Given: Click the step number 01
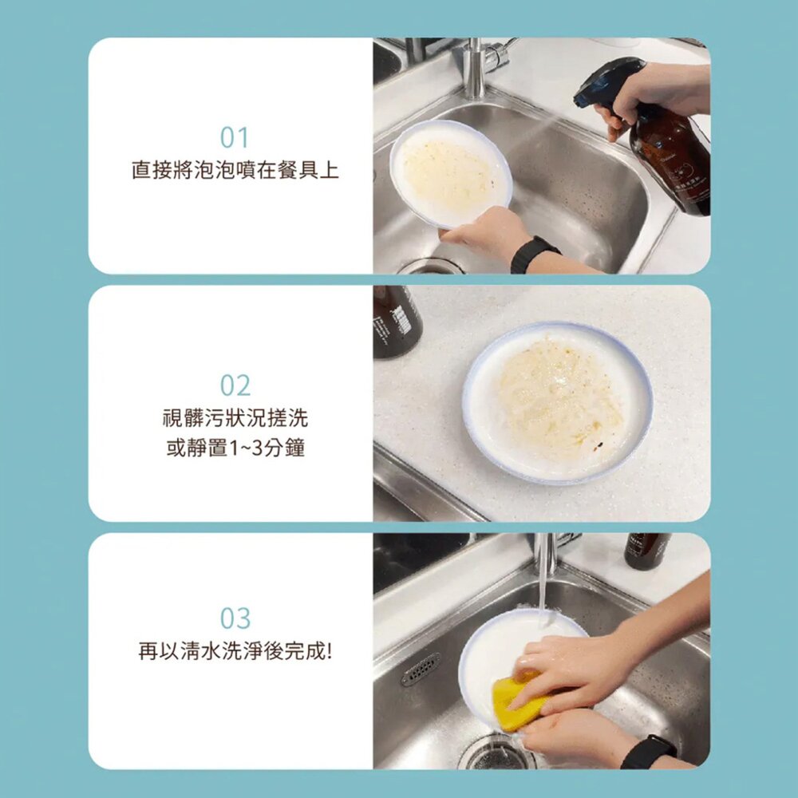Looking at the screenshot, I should click(235, 138).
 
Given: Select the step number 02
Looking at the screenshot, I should click(235, 385).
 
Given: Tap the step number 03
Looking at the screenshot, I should click(235, 618).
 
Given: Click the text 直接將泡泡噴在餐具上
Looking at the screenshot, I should click(235, 170).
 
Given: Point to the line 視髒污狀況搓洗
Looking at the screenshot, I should click(235, 417).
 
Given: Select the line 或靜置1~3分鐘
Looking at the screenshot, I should click(235, 448).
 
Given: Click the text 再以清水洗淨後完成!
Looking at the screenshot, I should click(235, 651).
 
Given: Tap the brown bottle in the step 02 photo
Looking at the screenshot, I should click(396, 319).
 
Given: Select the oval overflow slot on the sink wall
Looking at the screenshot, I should click(421, 670).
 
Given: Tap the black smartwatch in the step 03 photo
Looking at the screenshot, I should click(648, 752).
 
